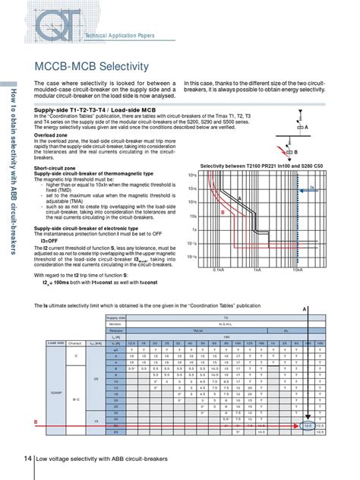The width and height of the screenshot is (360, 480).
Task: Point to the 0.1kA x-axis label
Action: (x=218, y=270)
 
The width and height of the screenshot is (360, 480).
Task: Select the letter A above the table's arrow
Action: (x=305, y=309)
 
